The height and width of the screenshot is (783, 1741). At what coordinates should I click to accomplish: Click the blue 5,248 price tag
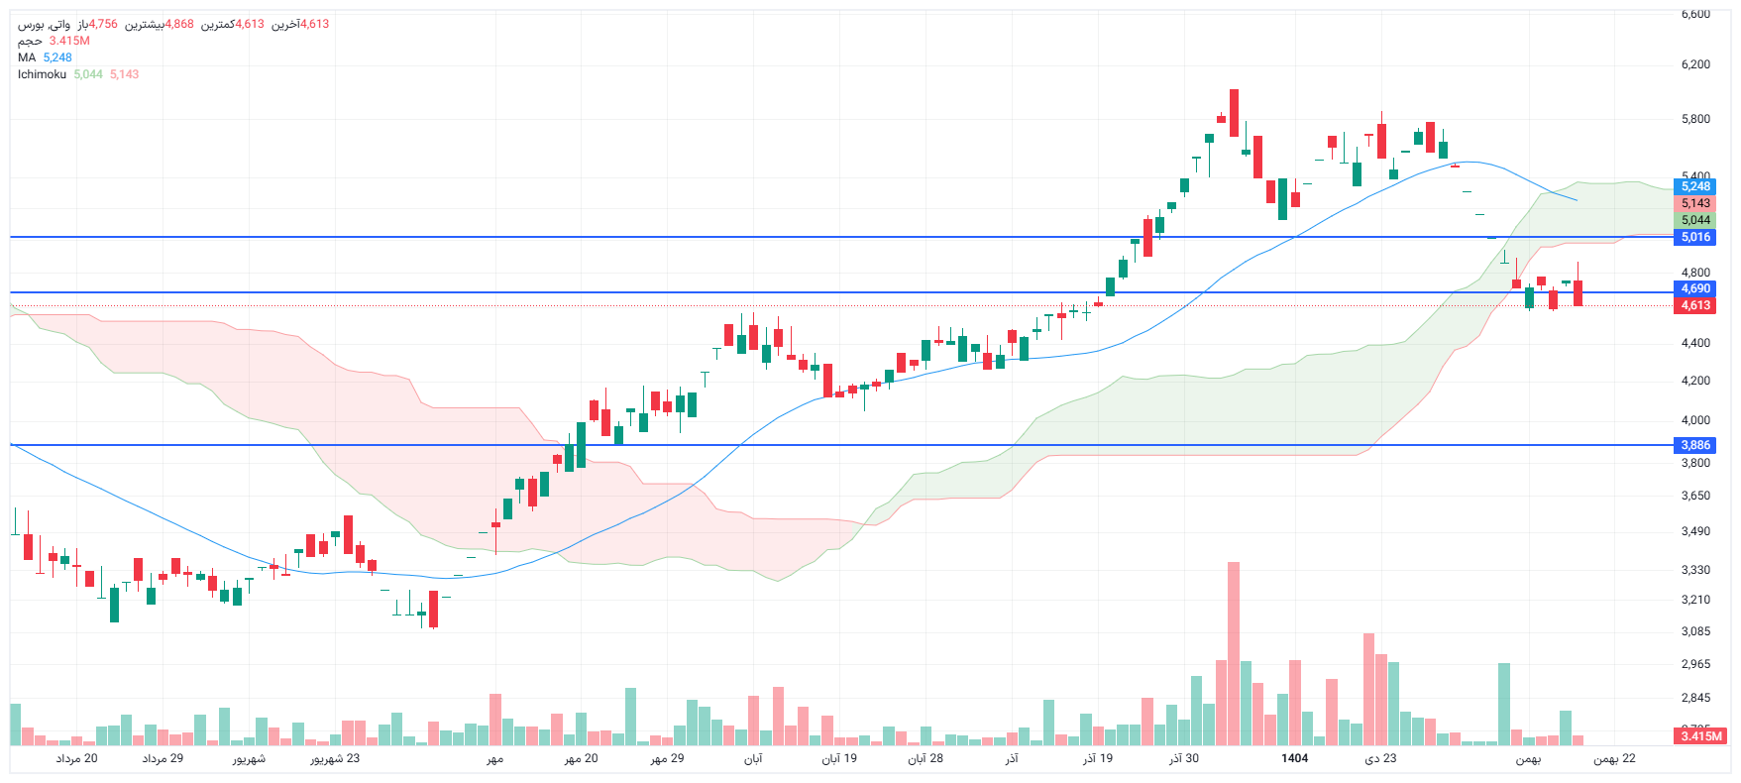coord(1694,186)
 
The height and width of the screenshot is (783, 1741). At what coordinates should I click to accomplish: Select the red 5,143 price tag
coord(1694,203)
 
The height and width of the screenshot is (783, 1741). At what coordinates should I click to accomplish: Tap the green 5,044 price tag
coord(1694,220)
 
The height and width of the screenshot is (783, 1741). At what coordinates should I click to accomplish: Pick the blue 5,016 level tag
coord(1694,237)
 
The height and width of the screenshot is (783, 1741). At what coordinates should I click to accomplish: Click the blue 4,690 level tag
coord(1694,288)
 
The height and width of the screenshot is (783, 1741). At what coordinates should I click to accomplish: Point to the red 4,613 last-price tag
coord(1694,305)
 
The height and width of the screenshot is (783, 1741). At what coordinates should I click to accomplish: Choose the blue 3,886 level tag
coord(1694,445)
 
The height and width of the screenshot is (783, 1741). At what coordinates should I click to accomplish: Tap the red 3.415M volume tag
coord(1701,736)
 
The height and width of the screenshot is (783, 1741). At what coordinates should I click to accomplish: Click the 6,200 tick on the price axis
coord(1695,64)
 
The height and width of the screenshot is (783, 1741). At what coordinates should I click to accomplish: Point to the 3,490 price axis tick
coord(1695,531)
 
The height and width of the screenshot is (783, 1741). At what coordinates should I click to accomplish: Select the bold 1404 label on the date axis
coord(1294,758)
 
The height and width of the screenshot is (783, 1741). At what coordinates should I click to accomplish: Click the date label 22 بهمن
coord(1614,758)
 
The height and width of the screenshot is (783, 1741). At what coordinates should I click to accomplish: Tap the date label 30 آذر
coord(1183,758)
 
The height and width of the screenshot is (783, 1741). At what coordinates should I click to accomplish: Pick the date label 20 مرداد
coord(76,758)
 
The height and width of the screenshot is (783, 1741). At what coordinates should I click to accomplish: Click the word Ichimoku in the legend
coord(42,74)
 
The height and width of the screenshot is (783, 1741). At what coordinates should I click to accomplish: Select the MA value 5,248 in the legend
coord(57,57)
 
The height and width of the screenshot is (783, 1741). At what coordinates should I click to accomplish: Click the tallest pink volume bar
coord(1234,654)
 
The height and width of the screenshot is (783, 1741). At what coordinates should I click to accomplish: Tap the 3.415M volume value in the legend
coord(69,41)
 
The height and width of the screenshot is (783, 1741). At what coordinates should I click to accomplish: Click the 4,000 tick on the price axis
coord(1695,420)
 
